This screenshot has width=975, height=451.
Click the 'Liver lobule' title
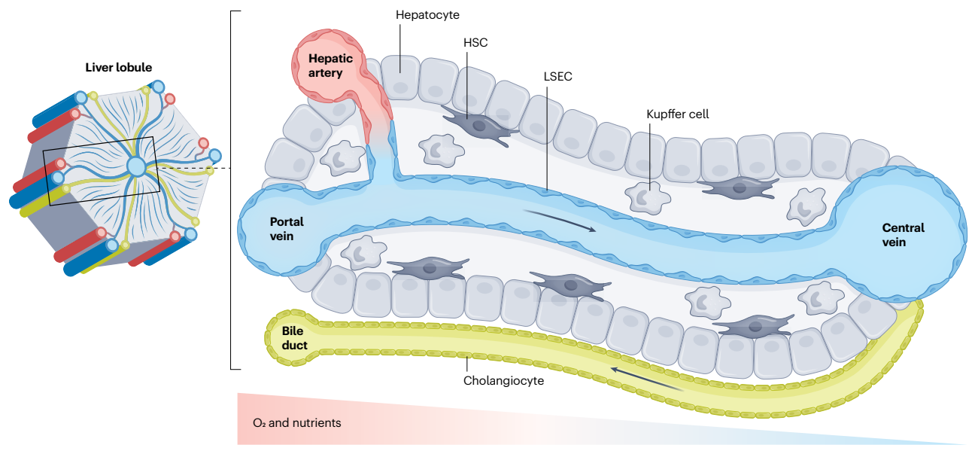click(118, 68)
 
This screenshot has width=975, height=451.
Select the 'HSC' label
click(475, 43)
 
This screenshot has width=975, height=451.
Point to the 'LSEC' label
click(558, 77)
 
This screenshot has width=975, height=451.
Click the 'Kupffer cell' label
click(677, 114)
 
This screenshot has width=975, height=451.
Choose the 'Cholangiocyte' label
click(503, 381)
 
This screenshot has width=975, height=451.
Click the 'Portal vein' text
click(287, 229)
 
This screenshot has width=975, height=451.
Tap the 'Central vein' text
click(904, 235)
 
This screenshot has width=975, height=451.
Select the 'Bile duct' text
click(294, 338)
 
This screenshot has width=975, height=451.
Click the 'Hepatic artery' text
click(325, 66)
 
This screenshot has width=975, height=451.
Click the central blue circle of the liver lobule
click(136, 166)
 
